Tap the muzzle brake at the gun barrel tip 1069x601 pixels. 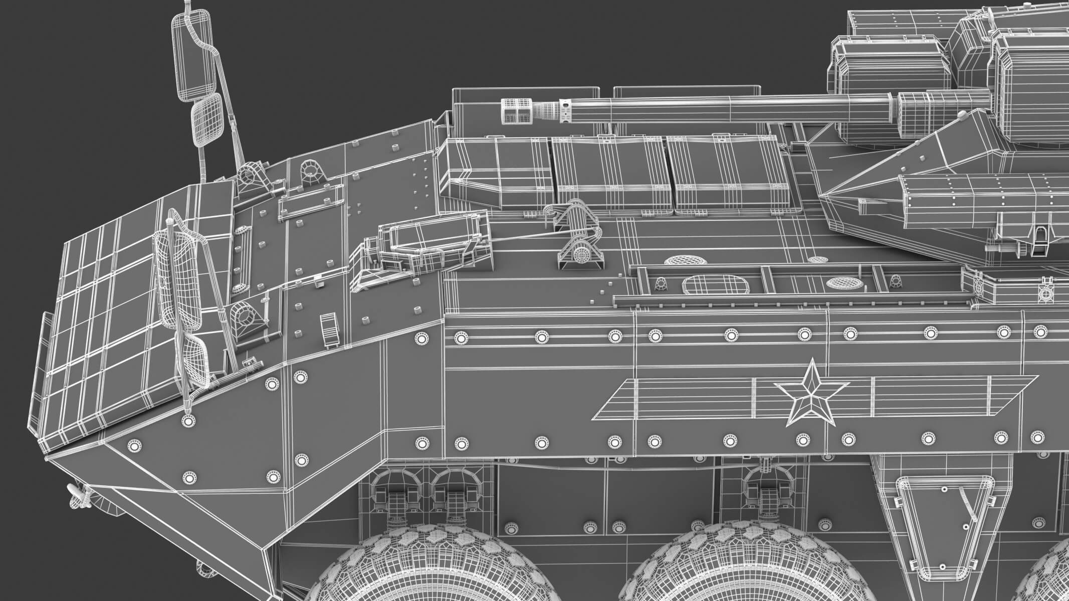pos(516,111)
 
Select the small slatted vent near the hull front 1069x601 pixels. pos(329,329)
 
